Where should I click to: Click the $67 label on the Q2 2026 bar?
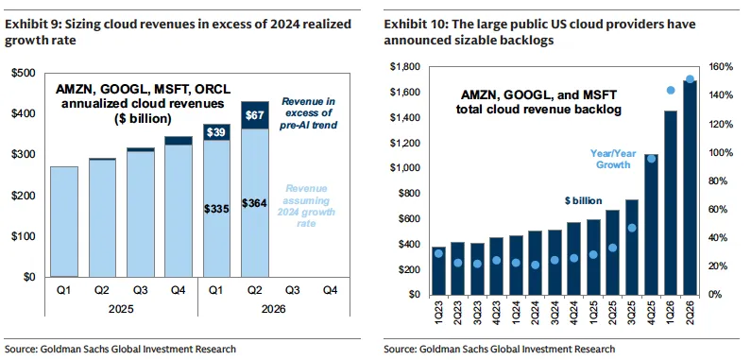tap(255, 115)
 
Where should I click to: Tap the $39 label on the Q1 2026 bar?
tap(217, 132)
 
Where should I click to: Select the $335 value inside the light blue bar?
tap(217, 209)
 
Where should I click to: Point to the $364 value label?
tap(255, 203)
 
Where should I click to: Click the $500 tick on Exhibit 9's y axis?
tap(23, 74)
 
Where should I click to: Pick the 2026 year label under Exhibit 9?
tap(274, 309)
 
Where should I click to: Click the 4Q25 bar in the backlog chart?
tap(651, 224)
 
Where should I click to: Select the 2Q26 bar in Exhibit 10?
tap(690, 187)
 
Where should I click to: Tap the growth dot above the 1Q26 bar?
tap(671, 90)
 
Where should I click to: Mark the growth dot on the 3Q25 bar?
tap(632, 228)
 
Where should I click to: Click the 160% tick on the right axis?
tap(723, 67)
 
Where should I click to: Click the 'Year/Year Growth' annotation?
tap(606, 159)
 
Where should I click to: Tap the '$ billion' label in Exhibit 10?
tap(583, 201)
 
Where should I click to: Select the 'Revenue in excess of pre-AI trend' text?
tap(308, 113)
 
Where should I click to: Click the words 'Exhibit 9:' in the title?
tap(28, 25)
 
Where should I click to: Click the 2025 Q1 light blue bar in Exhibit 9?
tap(64, 221)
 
